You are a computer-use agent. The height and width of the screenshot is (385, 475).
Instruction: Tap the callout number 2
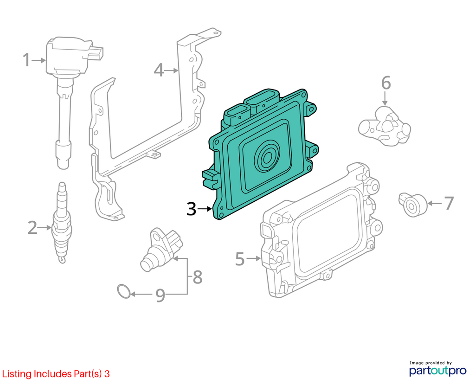click(32, 227)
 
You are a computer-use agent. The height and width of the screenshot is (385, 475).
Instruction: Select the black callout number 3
click(192, 209)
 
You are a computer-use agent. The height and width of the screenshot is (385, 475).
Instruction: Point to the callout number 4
click(159, 70)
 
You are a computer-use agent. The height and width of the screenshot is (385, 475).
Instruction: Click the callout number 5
click(240, 259)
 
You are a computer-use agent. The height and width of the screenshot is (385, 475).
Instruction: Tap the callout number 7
click(449, 203)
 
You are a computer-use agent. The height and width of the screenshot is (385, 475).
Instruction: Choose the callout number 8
click(198, 276)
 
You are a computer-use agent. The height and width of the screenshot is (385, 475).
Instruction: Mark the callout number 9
click(160, 295)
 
